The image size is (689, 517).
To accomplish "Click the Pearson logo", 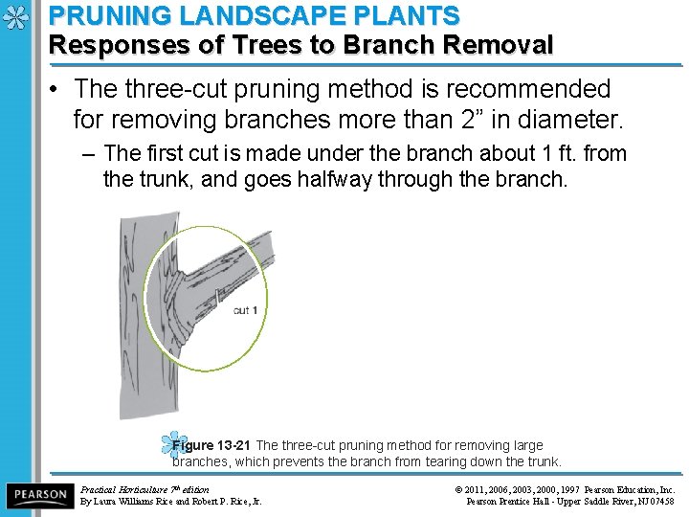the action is click(38, 495).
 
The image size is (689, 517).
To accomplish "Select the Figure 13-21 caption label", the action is click(211, 445).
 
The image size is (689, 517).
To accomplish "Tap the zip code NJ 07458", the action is click(654, 501).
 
